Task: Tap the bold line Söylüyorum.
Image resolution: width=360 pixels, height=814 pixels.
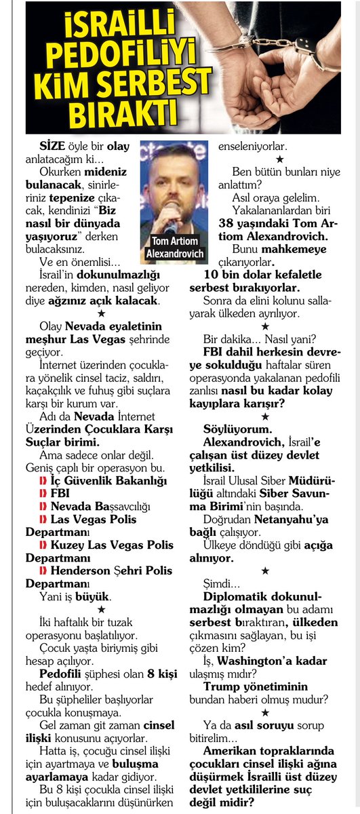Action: pyautogui.click(x=238, y=429)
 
